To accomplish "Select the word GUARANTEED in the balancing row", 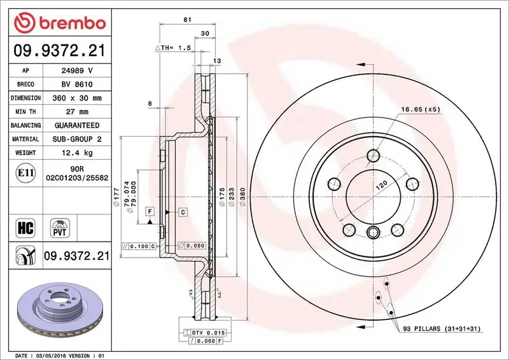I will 76,125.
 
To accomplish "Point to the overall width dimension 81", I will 187,20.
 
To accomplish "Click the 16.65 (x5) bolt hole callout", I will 421,109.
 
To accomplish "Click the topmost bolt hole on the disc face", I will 373,156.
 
